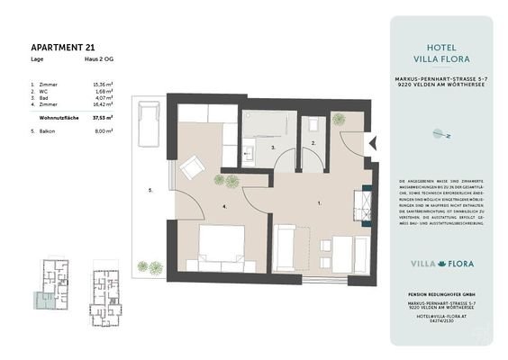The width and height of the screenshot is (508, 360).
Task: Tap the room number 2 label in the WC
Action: (313, 143)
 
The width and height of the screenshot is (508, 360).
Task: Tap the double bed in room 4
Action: (221, 247)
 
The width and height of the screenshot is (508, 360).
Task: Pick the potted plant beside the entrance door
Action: (338, 120)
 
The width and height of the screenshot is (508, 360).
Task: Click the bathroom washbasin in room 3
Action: (249, 150)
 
